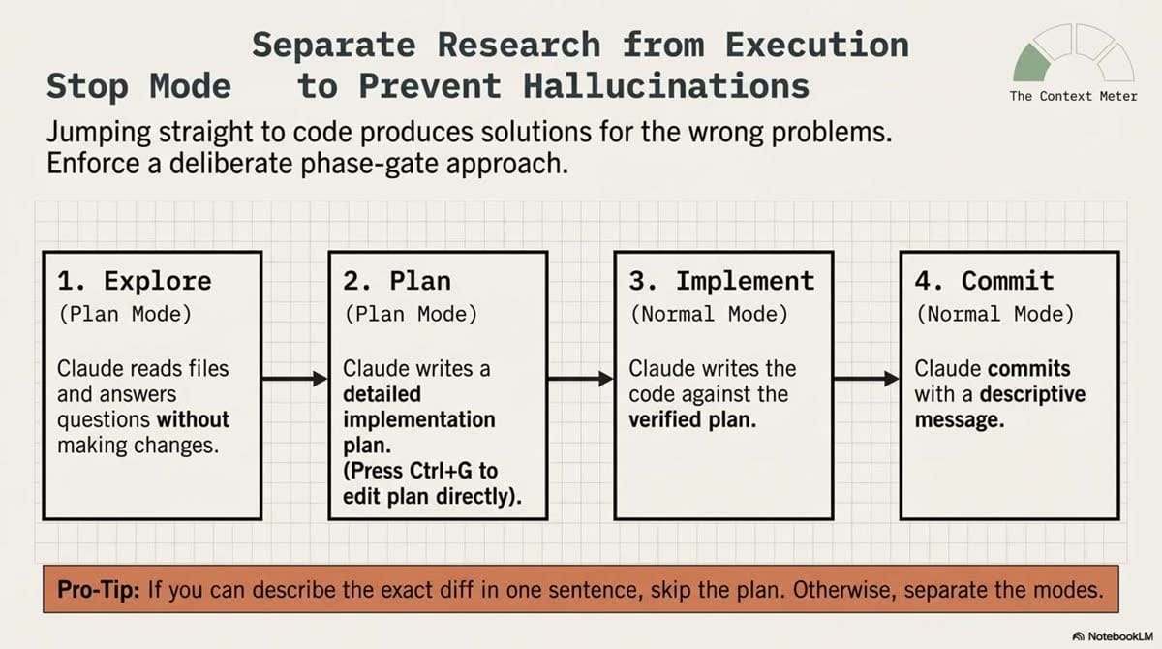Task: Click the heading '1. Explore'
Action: (134, 281)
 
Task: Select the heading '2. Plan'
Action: (397, 281)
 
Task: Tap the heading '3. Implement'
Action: (721, 281)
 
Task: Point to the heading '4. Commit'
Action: (984, 281)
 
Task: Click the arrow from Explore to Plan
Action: (294, 379)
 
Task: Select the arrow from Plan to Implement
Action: (580, 379)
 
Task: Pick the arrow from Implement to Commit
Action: (866, 379)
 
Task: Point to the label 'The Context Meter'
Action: (1073, 96)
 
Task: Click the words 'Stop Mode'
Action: (138, 86)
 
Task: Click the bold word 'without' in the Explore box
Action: (194, 420)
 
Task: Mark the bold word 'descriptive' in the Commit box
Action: (1032, 394)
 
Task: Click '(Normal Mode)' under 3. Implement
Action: (709, 315)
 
